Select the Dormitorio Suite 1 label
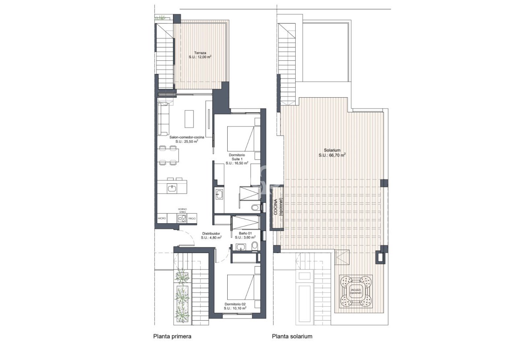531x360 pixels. click(x=237, y=159)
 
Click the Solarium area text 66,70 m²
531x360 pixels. click(x=332, y=155)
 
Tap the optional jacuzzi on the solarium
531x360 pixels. click(x=356, y=291)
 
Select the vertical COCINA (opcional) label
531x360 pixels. click(x=278, y=207)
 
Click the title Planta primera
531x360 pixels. click(x=172, y=336)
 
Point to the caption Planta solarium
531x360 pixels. click(x=292, y=336)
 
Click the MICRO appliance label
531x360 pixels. click(x=162, y=218)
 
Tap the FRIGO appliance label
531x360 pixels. click(x=192, y=218)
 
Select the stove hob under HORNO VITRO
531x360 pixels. click(x=181, y=218)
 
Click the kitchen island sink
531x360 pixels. click(x=172, y=187)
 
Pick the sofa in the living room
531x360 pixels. click(x=163, y=119)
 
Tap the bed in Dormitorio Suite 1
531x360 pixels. click(x=241, y=138)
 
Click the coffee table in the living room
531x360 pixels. click(x=189, y=118)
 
